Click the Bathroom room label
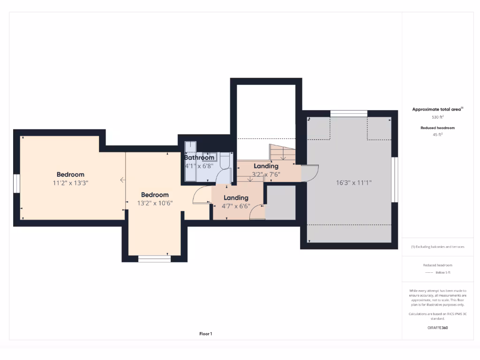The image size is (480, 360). point(199,157)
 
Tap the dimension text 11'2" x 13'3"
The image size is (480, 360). point(70,183)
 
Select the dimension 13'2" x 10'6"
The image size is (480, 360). point(155,203)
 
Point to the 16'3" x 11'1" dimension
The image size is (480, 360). point(350,183)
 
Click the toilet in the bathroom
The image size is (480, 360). point(225,162)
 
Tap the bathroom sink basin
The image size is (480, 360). point(209,156)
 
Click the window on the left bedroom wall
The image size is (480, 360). point(16,183)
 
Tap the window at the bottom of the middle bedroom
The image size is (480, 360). point(155,258)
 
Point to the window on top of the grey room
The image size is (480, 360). point(348,113)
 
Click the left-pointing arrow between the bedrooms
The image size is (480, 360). point(122,180)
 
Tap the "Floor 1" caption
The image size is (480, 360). point(206,334)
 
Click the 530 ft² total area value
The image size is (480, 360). point(437,117)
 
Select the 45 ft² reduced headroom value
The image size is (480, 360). point(437,135)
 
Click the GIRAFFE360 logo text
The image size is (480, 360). point(438,328)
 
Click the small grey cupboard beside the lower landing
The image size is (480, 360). point(280,202)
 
